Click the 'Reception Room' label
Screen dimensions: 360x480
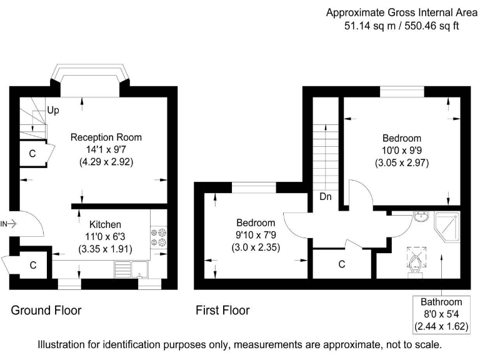click(106, 137)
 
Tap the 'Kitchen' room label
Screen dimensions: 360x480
click(105, 224)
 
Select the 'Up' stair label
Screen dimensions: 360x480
click(54, 111)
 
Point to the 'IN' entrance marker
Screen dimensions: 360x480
click(4, 223)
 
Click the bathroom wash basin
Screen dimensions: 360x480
click(421, 217)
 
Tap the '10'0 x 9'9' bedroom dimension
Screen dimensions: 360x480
click(402, 151)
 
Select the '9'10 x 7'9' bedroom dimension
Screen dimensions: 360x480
click(255, 235)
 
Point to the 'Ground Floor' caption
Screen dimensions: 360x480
click(46, 310)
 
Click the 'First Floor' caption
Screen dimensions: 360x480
click(222, 310)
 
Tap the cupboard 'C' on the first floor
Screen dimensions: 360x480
click(342, 264)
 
